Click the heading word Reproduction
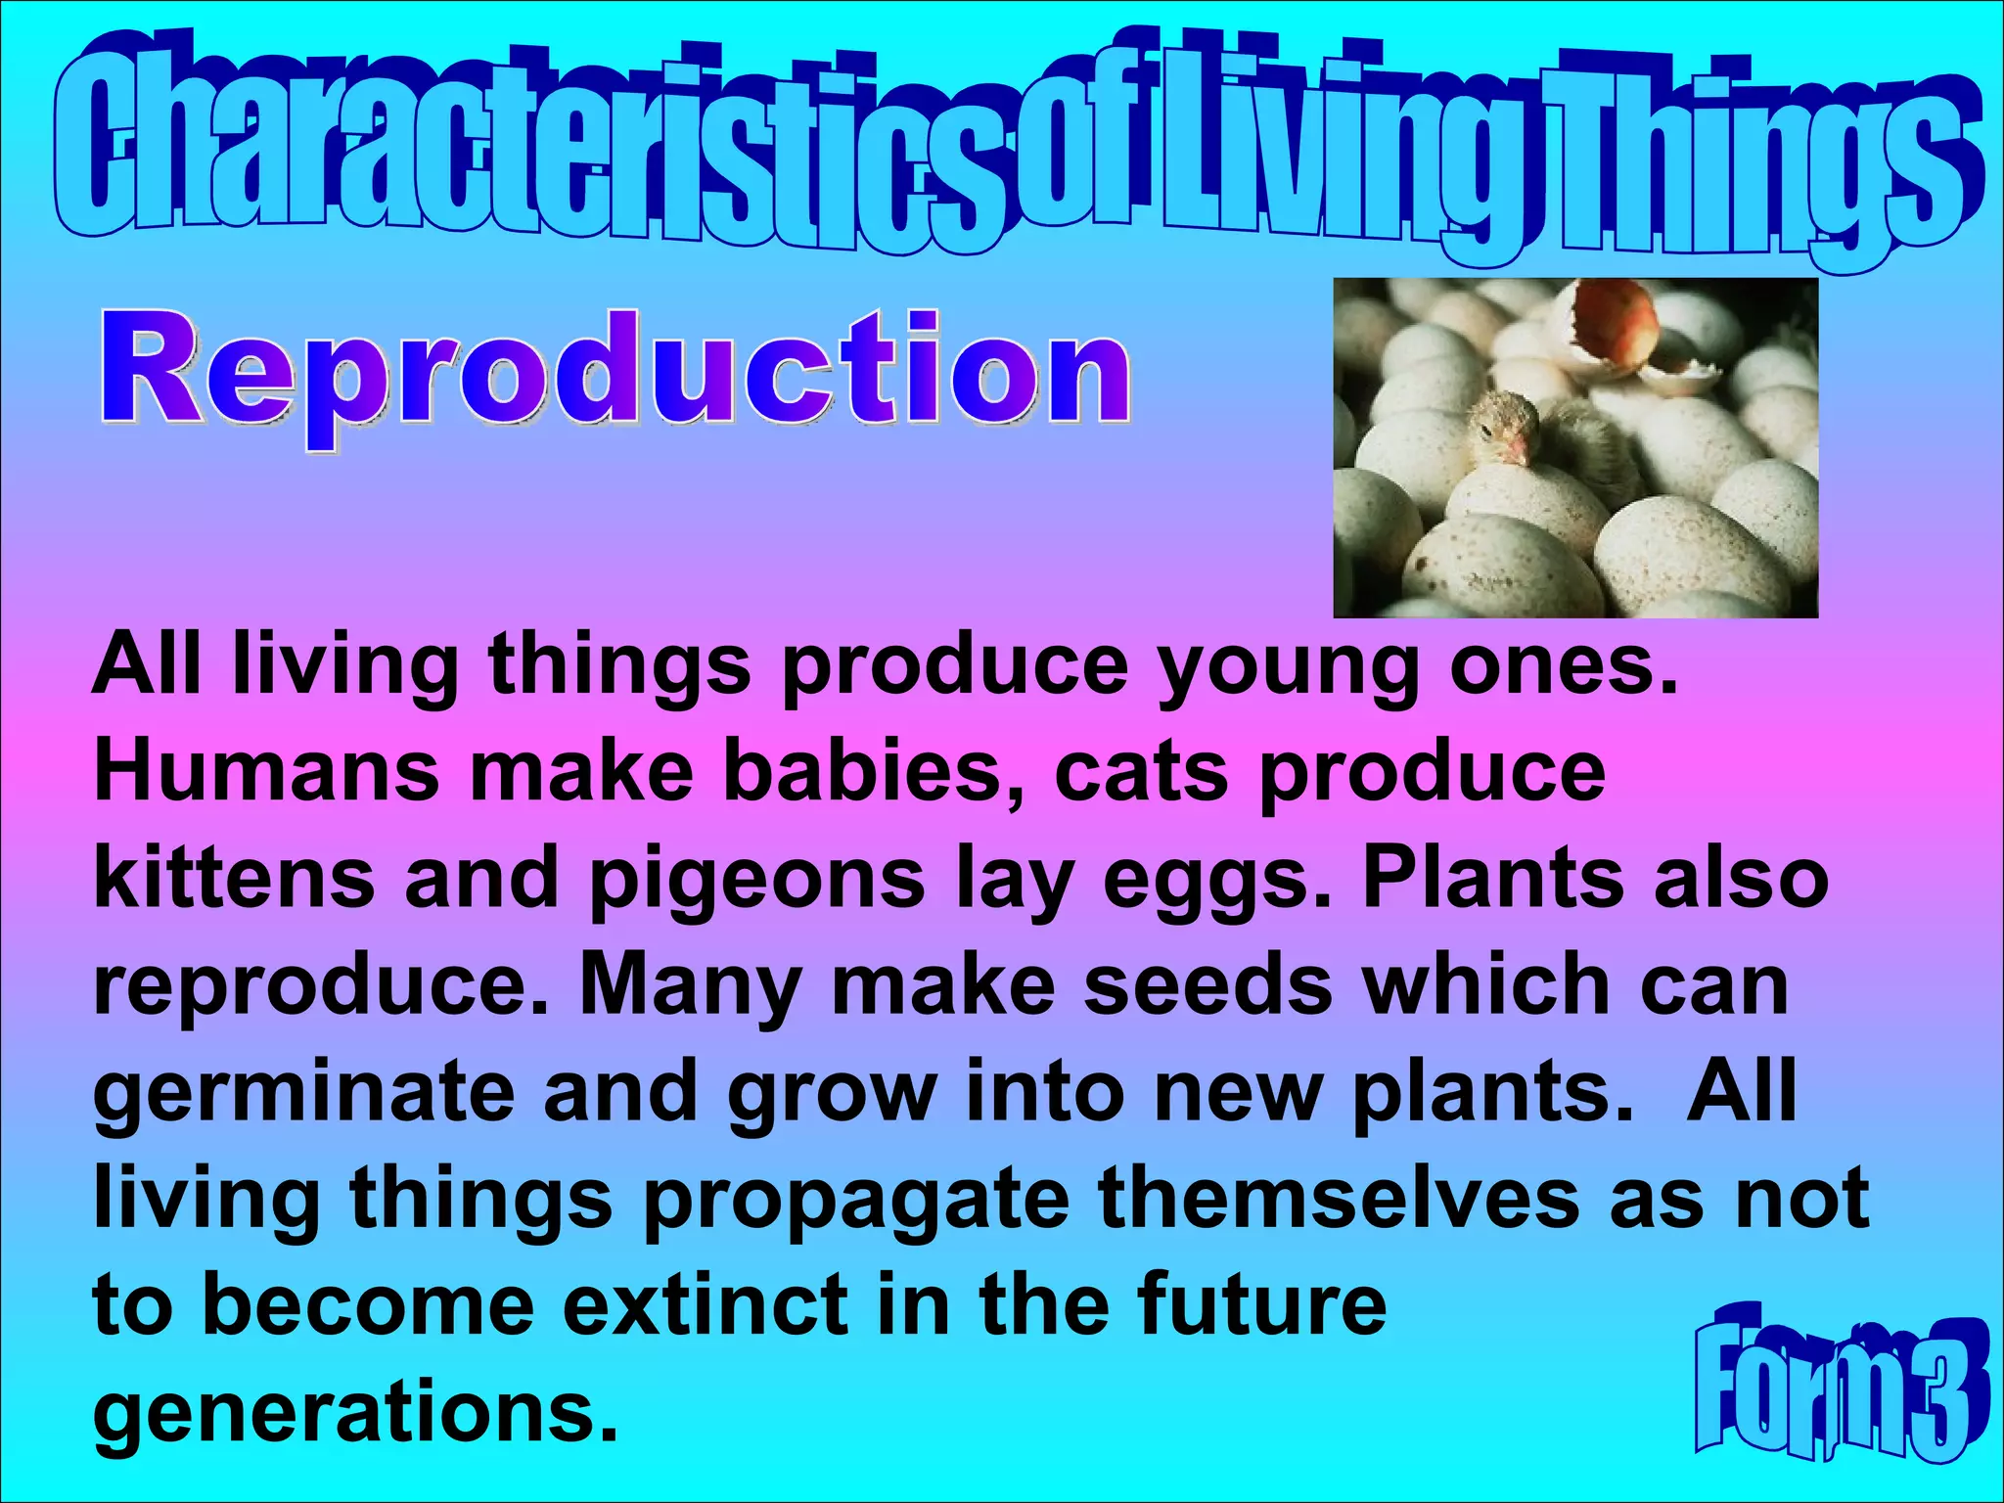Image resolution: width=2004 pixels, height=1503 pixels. [615, 372]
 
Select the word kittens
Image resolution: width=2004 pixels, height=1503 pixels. [234, 878]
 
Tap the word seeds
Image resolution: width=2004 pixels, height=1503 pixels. [1207, 983]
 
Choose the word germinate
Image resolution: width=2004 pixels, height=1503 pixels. [303, 1092]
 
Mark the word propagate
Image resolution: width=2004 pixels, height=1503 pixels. [855, 1200]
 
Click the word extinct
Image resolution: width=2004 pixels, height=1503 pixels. [706, 1303]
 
